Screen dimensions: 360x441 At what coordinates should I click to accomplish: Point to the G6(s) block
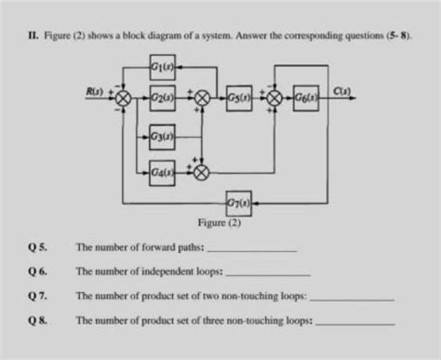point(304,97)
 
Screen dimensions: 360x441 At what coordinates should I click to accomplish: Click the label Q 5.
point(38,248)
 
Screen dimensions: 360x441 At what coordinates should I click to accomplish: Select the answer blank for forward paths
point(252,250)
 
